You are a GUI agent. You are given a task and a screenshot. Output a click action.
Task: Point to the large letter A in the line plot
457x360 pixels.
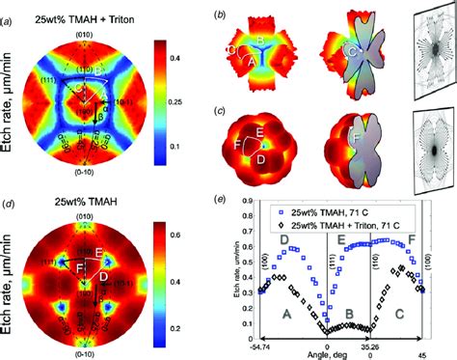point(285,314)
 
